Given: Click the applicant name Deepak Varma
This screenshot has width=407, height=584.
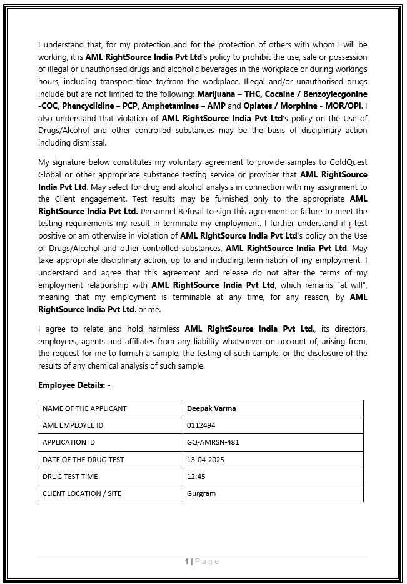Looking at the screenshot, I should point(211,408).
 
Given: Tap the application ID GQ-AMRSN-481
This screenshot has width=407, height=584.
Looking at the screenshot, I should point(213,442).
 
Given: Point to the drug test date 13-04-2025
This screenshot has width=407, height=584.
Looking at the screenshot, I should point(206,460).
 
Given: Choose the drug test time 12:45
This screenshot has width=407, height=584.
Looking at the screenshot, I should point(196,476).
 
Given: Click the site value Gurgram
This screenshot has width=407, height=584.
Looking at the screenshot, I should point(201,493).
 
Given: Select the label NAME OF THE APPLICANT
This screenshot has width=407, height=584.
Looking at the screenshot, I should point(84,408).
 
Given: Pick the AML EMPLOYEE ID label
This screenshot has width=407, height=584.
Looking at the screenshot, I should point(73,425).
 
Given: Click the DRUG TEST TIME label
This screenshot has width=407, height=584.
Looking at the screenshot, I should point(70,476).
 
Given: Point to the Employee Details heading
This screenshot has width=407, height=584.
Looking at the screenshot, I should point(74,385).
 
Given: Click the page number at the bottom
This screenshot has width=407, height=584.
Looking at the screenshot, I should point(202,562).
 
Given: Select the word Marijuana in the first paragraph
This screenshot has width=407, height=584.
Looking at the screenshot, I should point(216,94).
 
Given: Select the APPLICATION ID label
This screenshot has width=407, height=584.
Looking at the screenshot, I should point(68,442).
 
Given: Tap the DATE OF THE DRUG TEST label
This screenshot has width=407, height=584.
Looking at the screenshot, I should point(83,460).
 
